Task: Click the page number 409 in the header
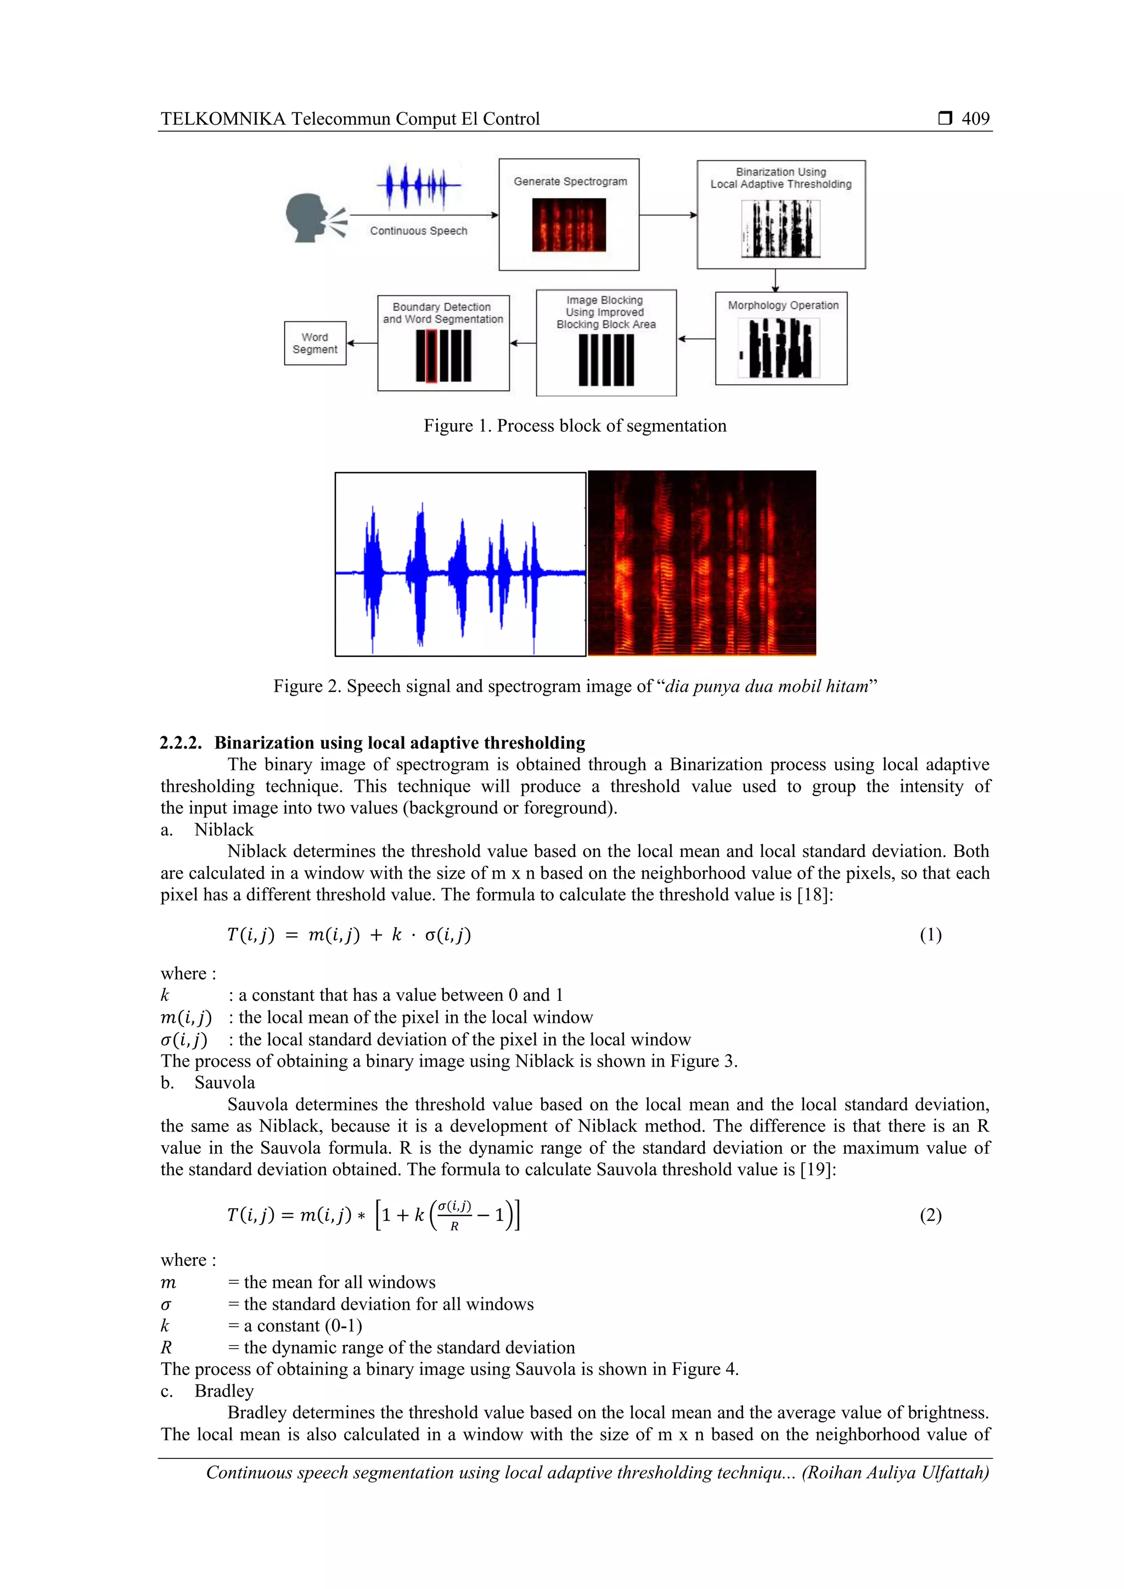coord(975,119)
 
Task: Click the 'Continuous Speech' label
coord(418,231)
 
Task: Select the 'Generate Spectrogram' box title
coord(570,181)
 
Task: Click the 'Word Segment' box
coord(315,343)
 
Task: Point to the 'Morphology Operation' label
coord(783,305)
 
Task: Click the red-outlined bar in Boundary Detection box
coord(431,356)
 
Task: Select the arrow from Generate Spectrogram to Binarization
coord(668,215)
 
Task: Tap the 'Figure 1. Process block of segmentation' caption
coord(575,426)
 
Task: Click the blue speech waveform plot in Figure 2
coord(460,565)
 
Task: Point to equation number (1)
coord(930,935)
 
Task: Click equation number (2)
coord(930,1215)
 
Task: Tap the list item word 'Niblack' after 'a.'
coord(223,830)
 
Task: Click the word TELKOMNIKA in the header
coord(223,119)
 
